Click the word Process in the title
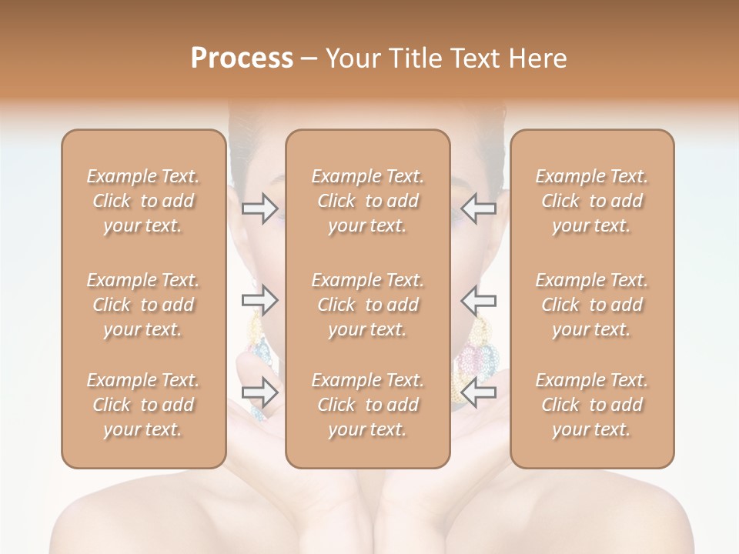click(242, 58)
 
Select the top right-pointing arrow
click(260, 209)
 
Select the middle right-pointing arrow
click(260, 300)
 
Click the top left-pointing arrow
click(478, 209)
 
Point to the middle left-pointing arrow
click(478, 300)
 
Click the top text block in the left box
click(143, 201)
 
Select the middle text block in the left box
click(143, 305)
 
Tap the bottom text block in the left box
click(143, 405)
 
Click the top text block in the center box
click(367, 201)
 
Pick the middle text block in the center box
click(367, 305)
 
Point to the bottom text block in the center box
click(367, 405)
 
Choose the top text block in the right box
click(592, 201)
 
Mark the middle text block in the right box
click(592, 305)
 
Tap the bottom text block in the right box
click(592, 405)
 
